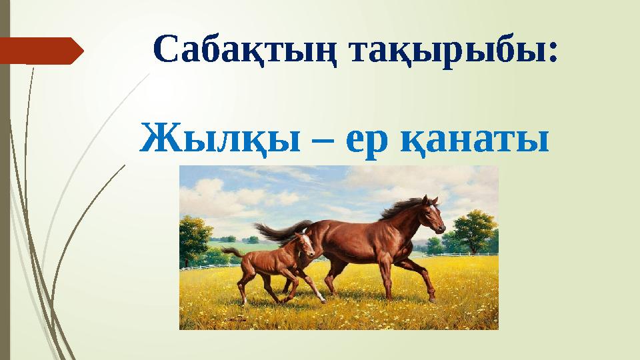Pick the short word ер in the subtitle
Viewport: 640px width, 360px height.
tap(366, 141)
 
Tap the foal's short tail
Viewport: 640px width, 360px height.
tap(232, 251)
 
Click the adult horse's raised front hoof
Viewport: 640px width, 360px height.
tap(434, 296)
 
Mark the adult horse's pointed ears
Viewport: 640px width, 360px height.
tap(434, 199)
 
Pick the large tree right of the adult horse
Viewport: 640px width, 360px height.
tap(474, 230)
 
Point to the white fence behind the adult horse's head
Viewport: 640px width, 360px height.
tap(460, 253)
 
